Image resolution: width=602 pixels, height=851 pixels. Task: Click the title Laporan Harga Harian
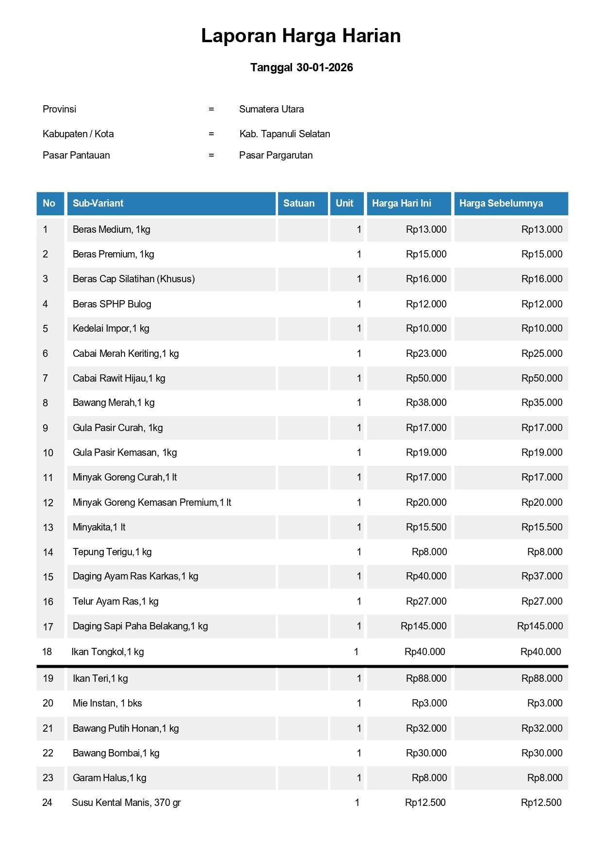301,36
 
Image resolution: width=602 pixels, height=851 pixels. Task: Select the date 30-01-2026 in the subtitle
325,67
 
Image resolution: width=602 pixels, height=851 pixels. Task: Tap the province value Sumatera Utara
271,109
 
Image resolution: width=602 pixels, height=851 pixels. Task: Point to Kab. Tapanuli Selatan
284,134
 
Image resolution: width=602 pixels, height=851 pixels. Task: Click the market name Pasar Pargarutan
276,155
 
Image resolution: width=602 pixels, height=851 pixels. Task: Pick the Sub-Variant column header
98,203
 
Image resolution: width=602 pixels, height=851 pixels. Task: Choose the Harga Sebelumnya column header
501,203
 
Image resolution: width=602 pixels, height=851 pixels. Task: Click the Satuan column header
299,203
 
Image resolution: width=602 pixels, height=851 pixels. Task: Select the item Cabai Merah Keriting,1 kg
126,353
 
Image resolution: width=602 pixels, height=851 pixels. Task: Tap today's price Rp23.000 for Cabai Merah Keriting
426,353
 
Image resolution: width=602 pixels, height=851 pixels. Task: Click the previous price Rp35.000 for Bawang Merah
541,402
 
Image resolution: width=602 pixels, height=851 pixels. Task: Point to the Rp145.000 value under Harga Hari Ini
423,626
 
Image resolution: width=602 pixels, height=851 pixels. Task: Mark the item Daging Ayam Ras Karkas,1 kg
135,576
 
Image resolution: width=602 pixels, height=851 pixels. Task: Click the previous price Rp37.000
541,576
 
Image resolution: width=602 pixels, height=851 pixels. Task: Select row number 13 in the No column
48,528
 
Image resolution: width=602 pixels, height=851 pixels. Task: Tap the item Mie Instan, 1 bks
107,703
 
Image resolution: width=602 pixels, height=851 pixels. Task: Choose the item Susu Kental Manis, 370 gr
126,803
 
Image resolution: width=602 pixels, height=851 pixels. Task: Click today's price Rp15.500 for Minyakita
426,527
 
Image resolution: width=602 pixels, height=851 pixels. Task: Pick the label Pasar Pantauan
76,155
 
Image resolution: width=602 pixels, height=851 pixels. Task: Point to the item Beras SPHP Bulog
112,304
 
